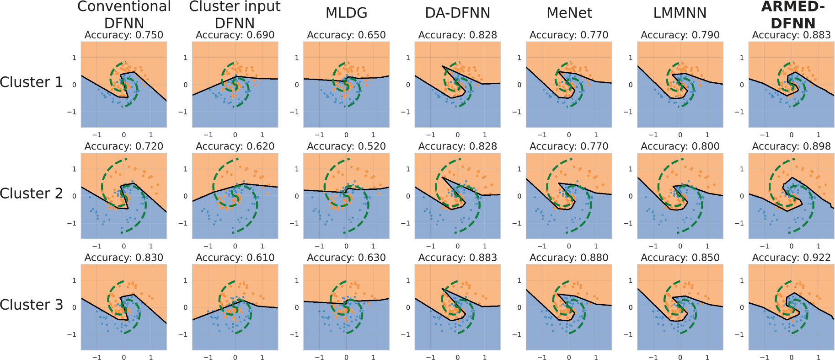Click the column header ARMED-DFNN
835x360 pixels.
(792, 15)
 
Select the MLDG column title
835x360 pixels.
(346, 13)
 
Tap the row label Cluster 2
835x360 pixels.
(32, 193)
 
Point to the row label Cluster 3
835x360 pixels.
(32, 305)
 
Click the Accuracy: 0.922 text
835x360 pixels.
(791, 258)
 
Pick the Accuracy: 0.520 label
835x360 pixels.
(346, 146)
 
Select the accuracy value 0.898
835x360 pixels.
(791, 146)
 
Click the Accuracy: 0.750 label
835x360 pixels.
(124, 35)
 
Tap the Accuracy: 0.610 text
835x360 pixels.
(235, 258)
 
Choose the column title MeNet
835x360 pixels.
(569, 13)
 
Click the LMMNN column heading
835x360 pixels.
(680, 13)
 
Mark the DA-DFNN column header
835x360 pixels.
(457, 13)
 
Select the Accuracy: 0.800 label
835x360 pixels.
(680, 146)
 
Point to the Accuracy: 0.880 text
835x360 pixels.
(569, 258)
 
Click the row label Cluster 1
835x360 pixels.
(32, 82)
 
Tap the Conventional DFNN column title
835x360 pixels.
(124, 15)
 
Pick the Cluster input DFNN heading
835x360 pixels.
(235, 15)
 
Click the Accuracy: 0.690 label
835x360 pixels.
(235, 35)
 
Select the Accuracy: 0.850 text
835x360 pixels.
(680, 258)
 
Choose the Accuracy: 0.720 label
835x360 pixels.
(124, 146)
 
